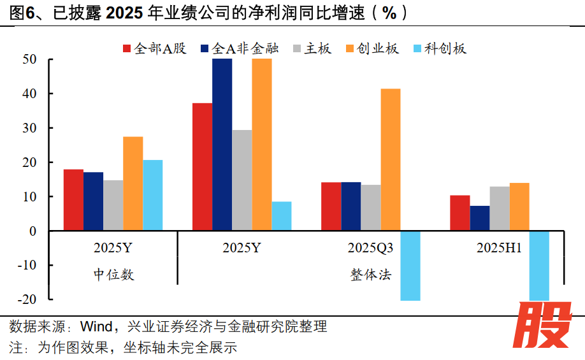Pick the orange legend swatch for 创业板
tap(350, 48)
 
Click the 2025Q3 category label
tap(370, 248)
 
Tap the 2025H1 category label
tap(499, 248)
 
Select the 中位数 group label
tap(114, 275)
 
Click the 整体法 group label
tap(370, 275)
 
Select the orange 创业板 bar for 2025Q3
tap(390, 159)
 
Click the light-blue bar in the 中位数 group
tap(152, 195)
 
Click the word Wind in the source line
tap(94, 328)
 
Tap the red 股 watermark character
tap(544, 325)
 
